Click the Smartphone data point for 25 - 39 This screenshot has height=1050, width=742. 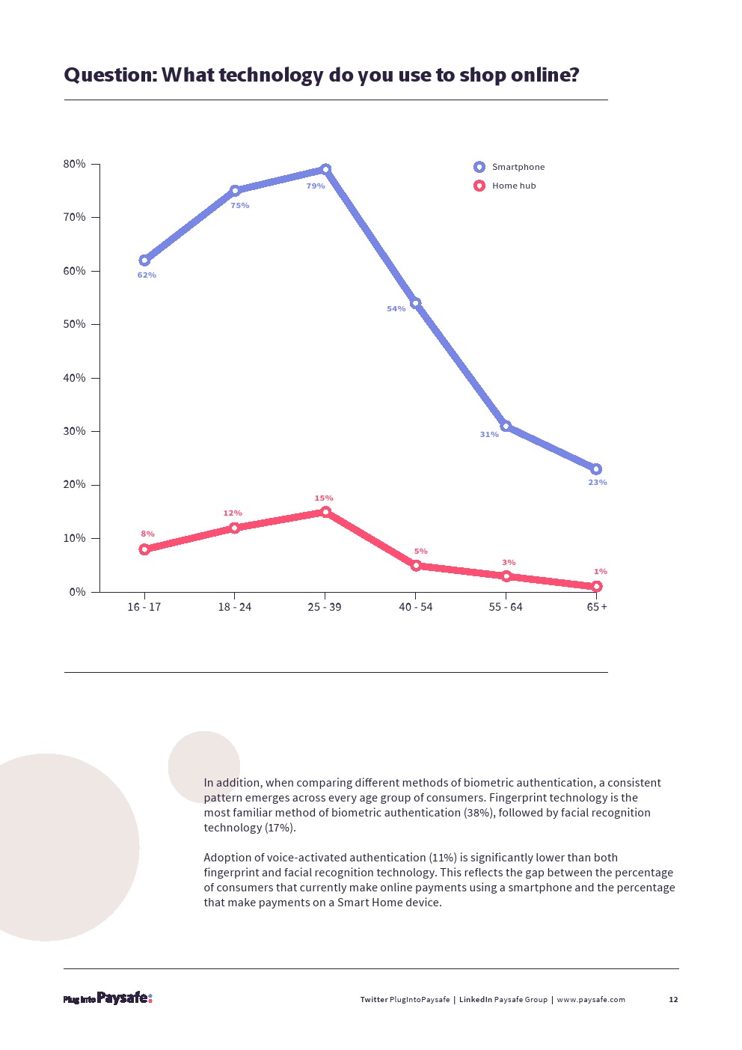[325, 170]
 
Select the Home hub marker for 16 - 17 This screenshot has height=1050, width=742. [144, 549]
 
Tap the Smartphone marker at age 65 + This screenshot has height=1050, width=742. [596, 469]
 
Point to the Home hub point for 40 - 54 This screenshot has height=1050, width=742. [416, 566]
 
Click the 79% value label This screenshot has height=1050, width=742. [316, 186]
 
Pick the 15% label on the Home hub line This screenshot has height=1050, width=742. [324, 498]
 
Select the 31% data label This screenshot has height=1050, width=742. [489, 435]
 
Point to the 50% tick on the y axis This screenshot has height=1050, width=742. [75, 325]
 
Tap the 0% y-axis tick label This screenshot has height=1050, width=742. [78, 592]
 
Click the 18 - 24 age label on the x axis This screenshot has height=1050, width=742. [235, 607]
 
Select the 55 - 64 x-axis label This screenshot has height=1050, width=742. [506, 607]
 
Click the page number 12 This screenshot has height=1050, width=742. [673, 1000]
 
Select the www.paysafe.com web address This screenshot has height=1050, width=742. [591, 1000]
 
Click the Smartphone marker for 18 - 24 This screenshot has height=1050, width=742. [235, 191]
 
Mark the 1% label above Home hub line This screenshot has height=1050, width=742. [601, 572]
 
